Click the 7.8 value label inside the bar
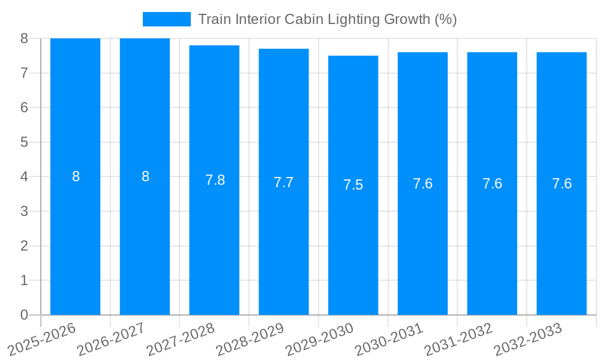tap(215, 181)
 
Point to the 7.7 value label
tap(284, 183)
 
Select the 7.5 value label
tap(353, 185)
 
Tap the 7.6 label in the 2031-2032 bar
tap(492, 184)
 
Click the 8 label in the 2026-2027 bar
tap(145, 177)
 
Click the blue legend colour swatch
tap(166, 19)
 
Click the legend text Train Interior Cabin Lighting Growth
tap(327, 19)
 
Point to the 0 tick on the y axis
tap(24, 315)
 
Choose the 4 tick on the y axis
tap(24, 177)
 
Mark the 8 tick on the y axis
tap(24, 38)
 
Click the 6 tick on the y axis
tap(24, 108)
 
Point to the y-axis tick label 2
tap(24, 246)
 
